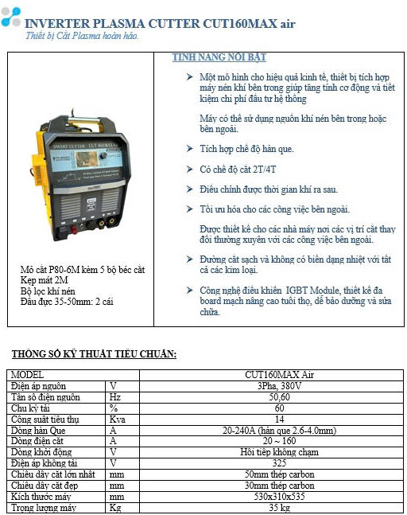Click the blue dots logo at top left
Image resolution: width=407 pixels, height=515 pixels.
tap(11, 18)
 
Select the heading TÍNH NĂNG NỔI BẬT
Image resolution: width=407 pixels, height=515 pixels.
tap(219, 58)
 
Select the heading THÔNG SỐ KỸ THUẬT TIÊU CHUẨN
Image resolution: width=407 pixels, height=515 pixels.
tap(94, 353)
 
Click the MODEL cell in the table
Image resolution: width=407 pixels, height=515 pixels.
tap(28, 374)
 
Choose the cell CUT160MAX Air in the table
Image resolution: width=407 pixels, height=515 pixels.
tap(279, 374)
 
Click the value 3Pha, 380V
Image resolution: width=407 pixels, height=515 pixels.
tap(279, 385)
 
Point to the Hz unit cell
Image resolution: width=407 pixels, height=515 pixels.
tap(116, 396)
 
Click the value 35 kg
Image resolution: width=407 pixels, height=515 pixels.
tap(279, 507)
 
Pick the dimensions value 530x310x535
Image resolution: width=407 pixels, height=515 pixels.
tap(279, 496)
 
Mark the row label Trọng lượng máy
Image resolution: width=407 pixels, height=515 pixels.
tap(44, 507)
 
